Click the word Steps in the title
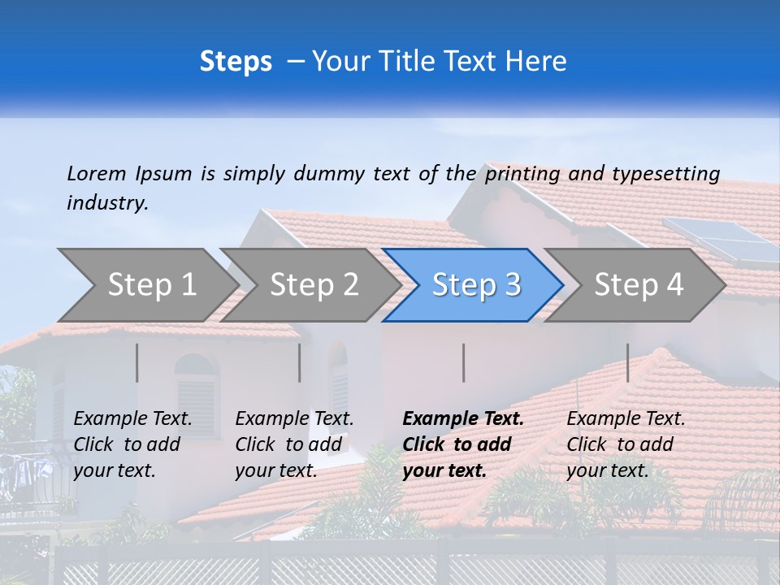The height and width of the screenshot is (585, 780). coord(236,62)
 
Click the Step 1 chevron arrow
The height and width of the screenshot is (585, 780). coord(146,285)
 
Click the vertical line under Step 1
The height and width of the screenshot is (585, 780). coord(136,362)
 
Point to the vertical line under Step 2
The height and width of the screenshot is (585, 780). coord(299,362)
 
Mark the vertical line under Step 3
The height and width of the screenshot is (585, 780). coord(463,362)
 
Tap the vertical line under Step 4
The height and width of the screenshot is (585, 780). coord(627,362)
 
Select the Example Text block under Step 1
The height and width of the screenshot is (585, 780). coord(132,444)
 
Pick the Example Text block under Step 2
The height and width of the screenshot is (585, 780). coord(294,444)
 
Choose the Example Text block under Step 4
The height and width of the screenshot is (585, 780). coord(626,444)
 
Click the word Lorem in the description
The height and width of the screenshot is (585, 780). coord(97,173)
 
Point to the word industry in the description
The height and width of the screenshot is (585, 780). coord(106,202)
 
